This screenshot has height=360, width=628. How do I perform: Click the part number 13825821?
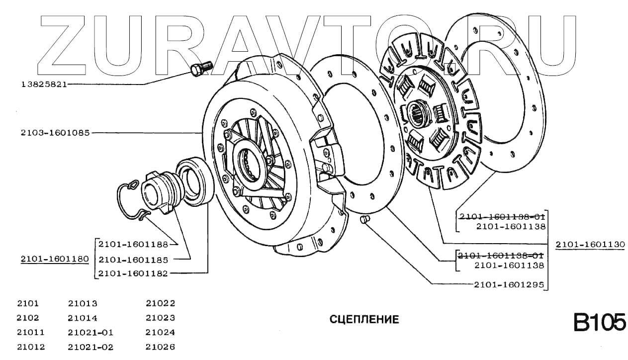pyautogui.click(x=43, y=85)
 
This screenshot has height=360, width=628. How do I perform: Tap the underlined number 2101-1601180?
pyautogui.click(x=55, y=259)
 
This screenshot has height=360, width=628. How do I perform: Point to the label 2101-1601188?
pyautogui.click(x=133, y=244)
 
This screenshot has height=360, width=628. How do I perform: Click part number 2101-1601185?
pyautogui.click(x=133, y=260)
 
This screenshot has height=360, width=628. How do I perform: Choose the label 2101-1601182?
pyautogui.click(x=133, y=273)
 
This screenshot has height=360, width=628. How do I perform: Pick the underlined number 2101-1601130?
pyautogui.click(x=590, y=245)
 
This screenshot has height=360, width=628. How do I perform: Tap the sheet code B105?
pyautogui.click(x=599, y=322)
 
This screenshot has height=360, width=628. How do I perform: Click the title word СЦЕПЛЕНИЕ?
pyautogui.click(x=364, y=319)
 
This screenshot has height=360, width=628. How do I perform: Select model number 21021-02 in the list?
pyautogui.click(x=90, y=347)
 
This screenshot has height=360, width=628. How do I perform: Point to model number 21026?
pyautogui.click(x=160, y=347)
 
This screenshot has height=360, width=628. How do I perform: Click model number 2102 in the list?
pyautogui.click(x=27, y=318)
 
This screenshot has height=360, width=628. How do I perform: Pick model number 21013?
pyautogui.click(x=82, y=303)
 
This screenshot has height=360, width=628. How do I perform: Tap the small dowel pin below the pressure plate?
pyautogui.click(x=364, y=219)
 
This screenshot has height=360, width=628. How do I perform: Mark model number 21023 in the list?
pyautogui.click(x=160, y=318)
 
